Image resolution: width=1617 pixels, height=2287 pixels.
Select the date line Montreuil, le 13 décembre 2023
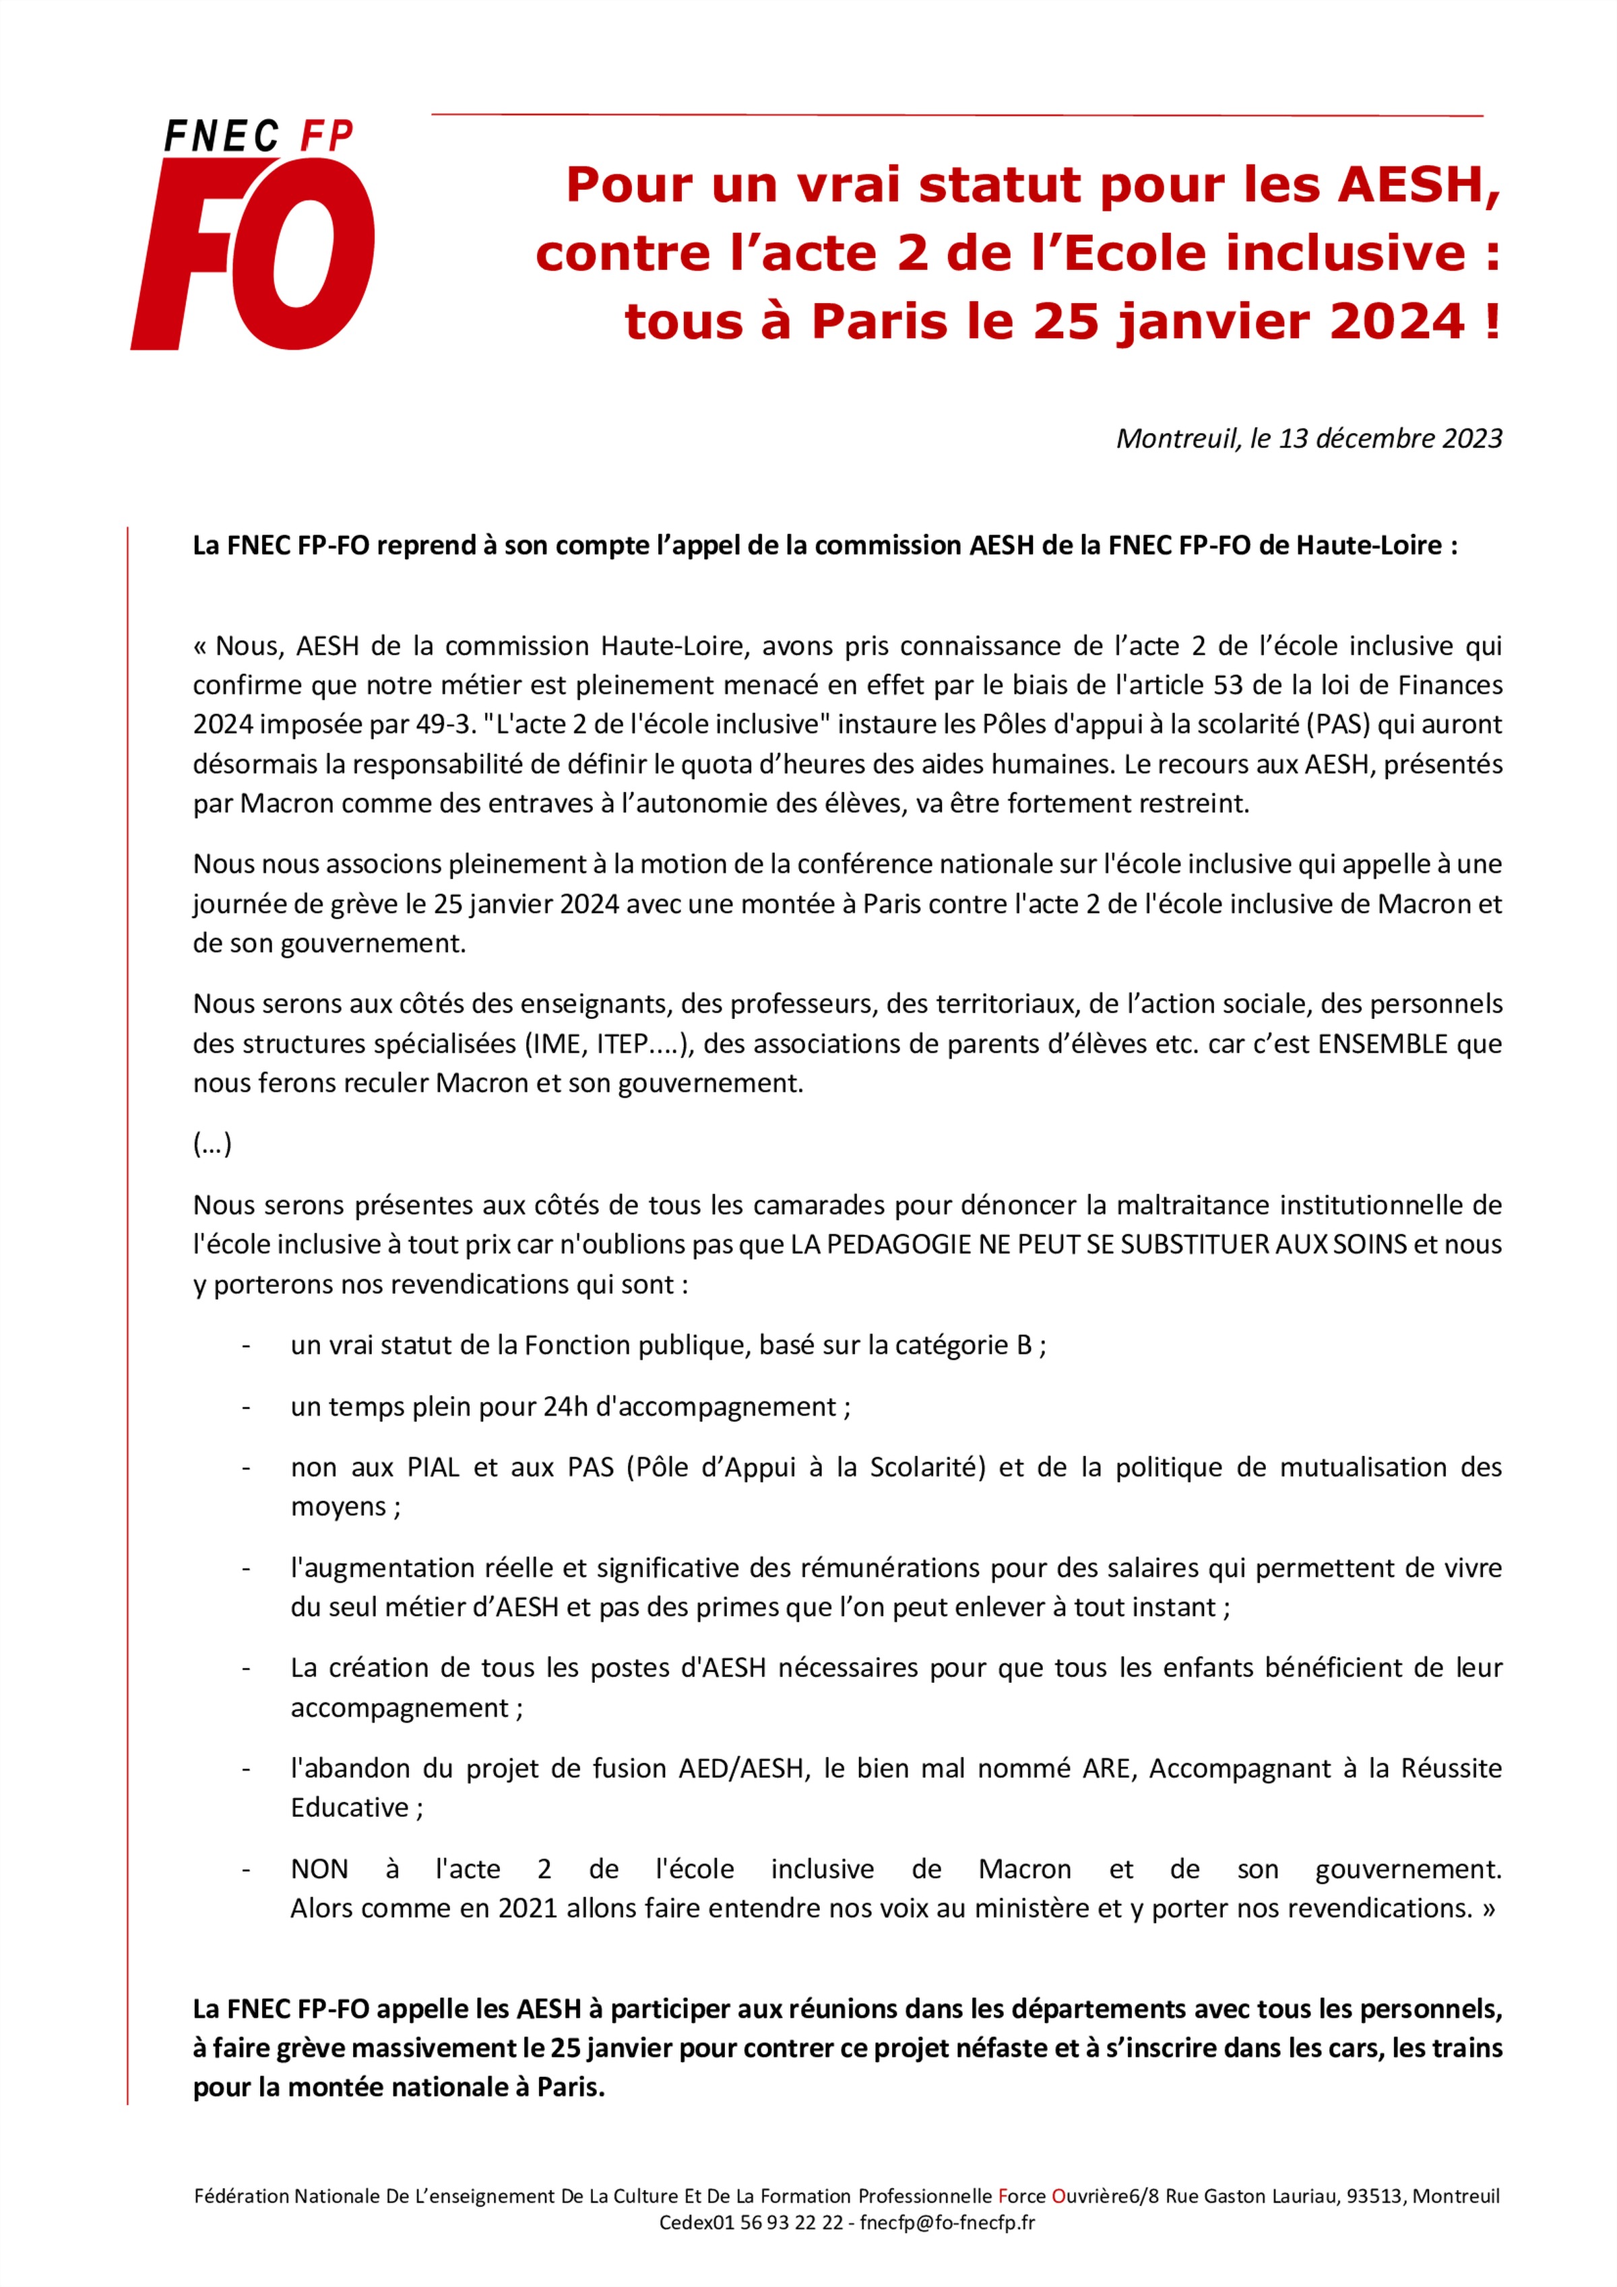(1308, 438)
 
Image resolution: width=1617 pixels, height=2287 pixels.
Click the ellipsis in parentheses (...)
(212, 1143)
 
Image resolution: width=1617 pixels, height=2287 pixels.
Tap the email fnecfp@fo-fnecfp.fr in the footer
(947, 2222)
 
